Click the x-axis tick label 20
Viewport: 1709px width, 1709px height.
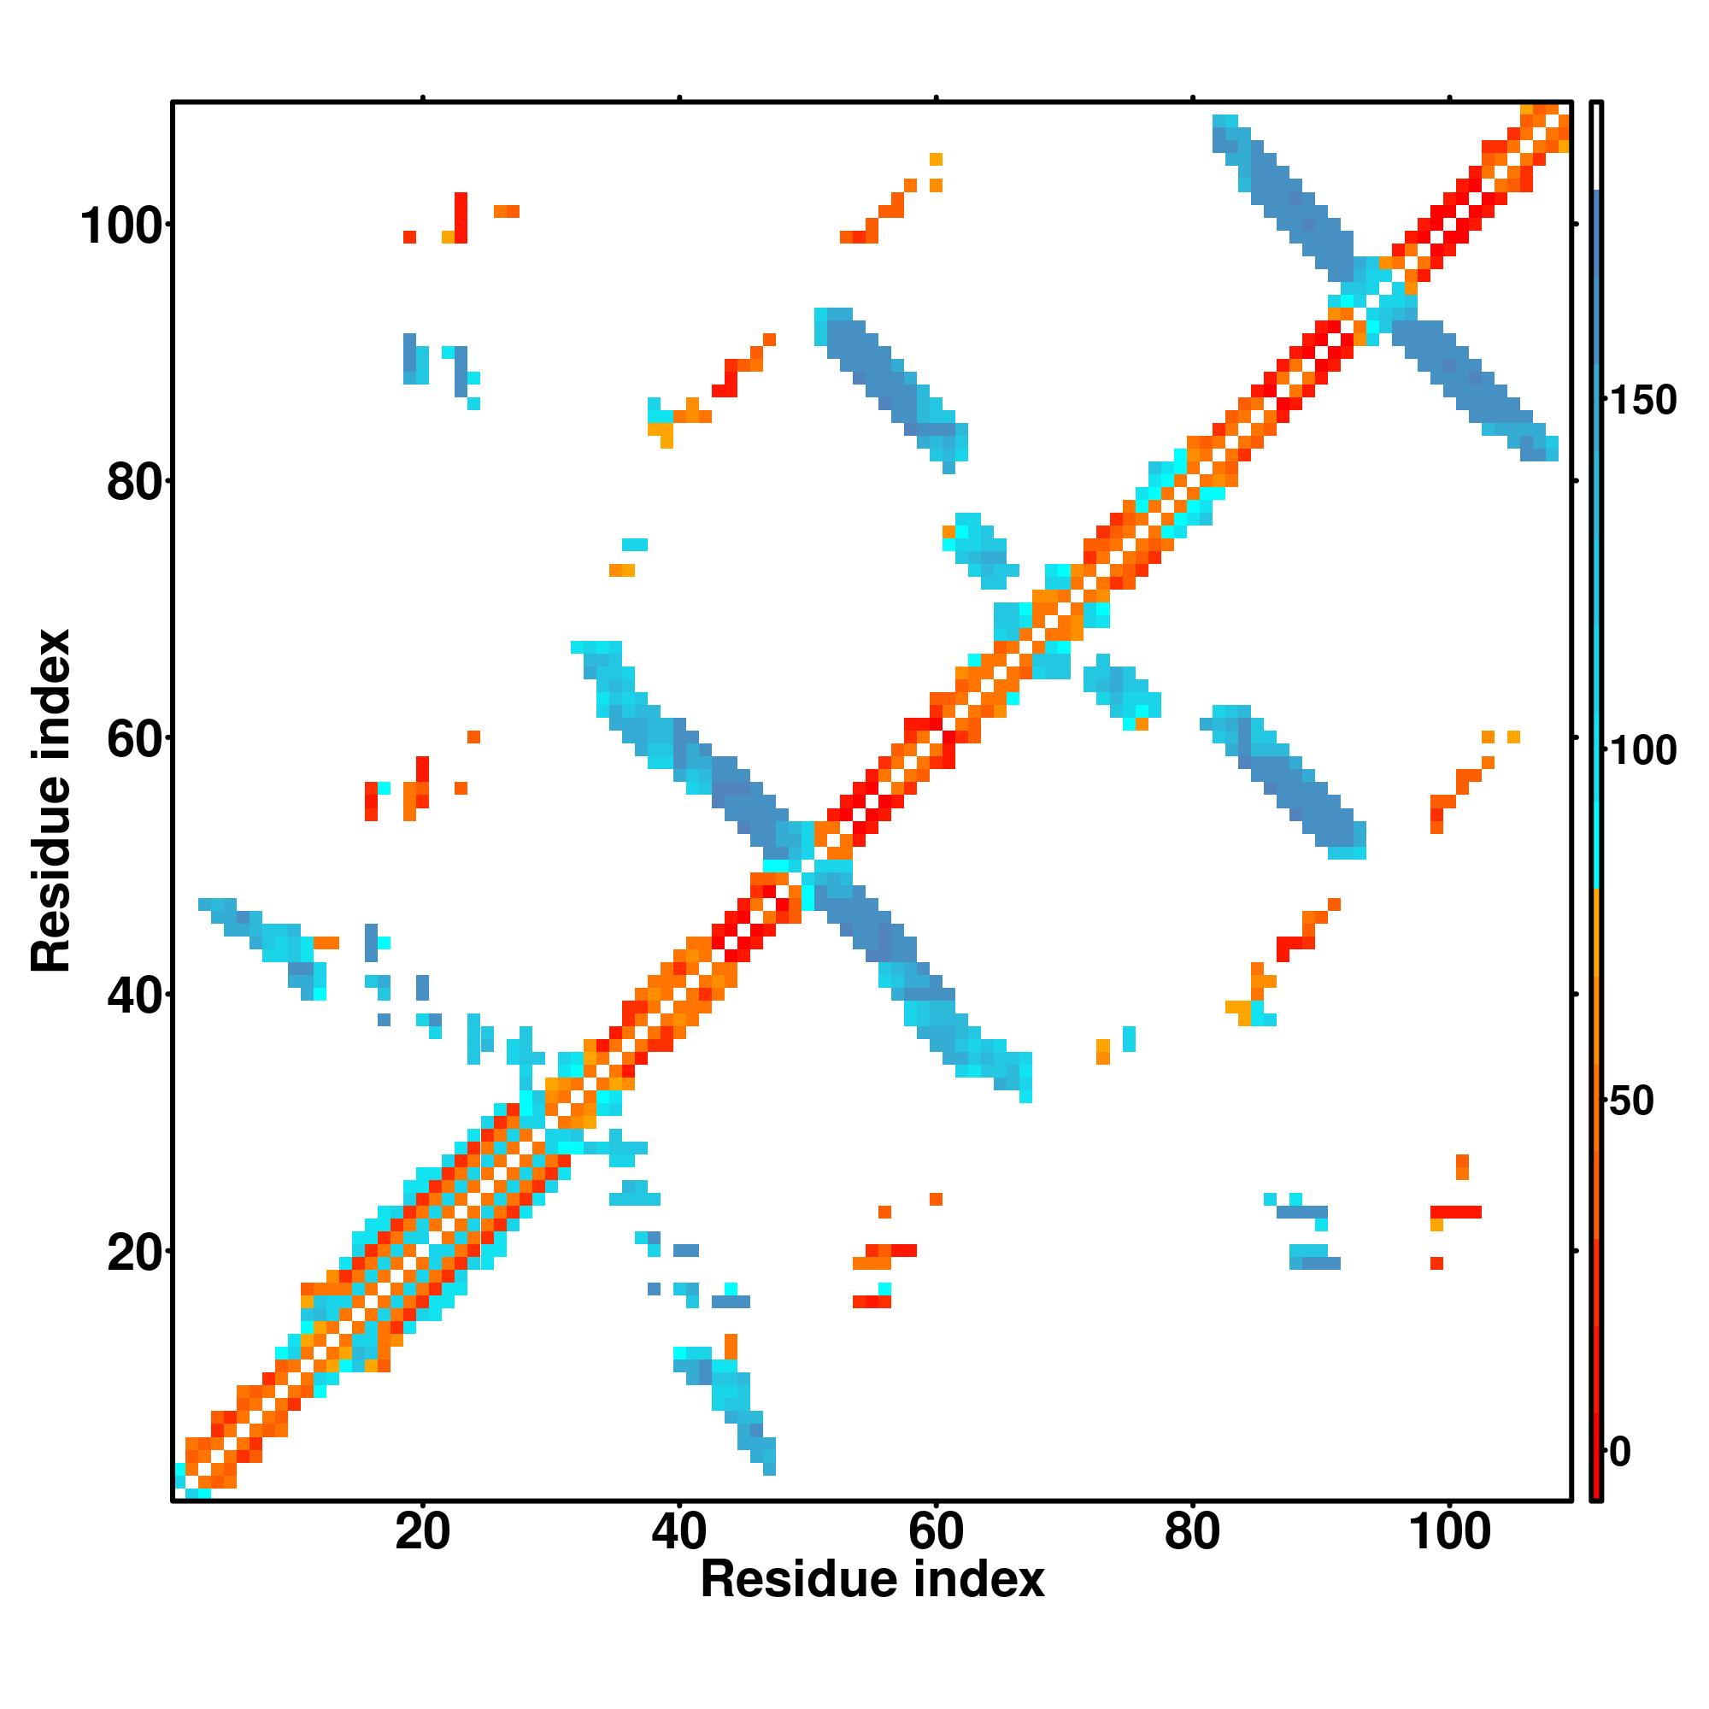click(422, 1531)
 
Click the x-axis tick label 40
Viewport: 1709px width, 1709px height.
click(678, 1531)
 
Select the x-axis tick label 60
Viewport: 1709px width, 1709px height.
click(936, 1531)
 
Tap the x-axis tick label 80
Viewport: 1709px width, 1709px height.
click(1192, 1531)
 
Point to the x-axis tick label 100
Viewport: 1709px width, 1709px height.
click(1449, 1531)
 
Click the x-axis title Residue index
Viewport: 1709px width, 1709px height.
click(872, 1580)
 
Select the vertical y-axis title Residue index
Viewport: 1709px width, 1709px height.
click(51, 801)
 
